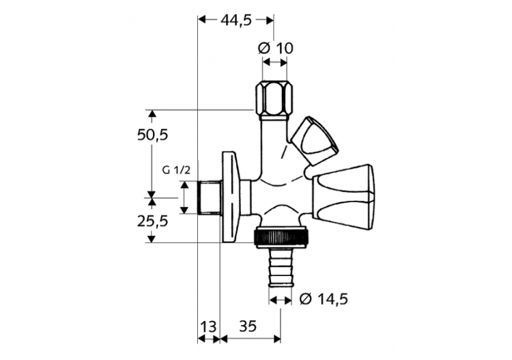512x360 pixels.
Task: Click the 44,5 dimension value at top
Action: (x=236, y=20)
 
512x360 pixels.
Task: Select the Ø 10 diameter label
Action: (x=276, y=48)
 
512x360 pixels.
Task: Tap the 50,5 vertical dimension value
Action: (x=152, y=135)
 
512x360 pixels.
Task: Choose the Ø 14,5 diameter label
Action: (x=324, y=299)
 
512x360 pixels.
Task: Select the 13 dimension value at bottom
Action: (x=209, y=327)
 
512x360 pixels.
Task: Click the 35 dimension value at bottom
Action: (x=248, y=327)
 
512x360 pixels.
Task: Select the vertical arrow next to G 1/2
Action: (x=184, y=198)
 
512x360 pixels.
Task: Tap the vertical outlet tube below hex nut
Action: (x=273, y=137)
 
